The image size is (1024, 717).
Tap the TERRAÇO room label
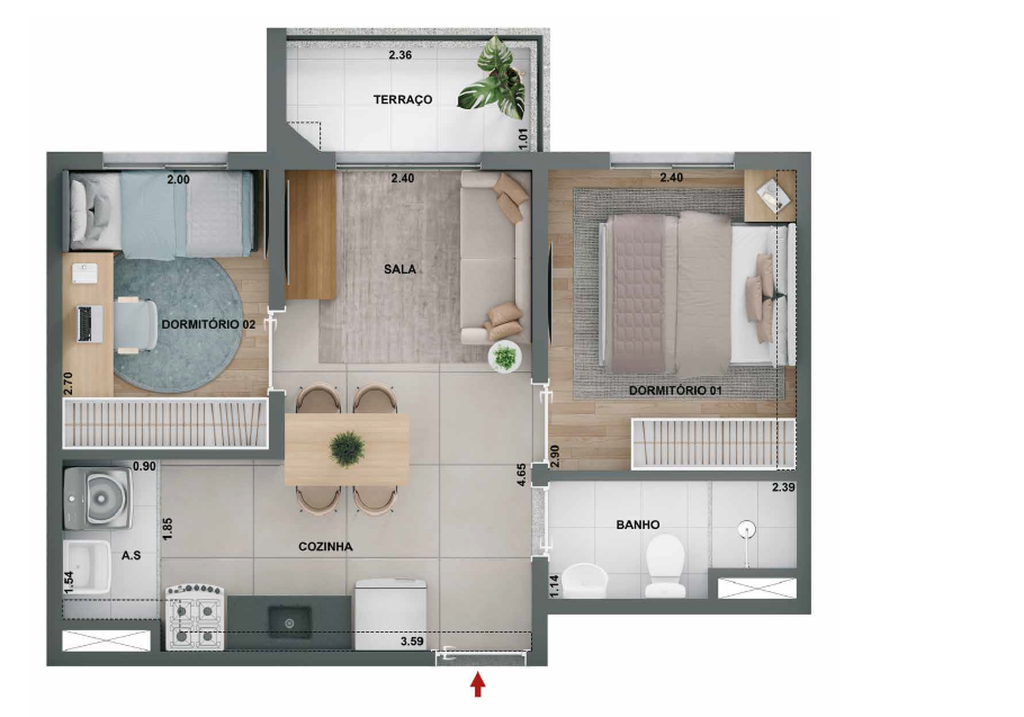[x=402, y=99]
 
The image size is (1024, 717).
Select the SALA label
[x=400, y=269]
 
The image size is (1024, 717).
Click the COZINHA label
[x=326, y=546]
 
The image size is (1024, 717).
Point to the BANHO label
[x=638, y=524]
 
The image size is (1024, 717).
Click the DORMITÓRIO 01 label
[x=675, y=390]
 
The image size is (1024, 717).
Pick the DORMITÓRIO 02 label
[x=208, y=324]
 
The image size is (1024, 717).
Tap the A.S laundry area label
[x=131, y=556]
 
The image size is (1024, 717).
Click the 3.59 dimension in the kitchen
[x=412, y=641]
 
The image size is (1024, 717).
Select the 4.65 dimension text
[x=521, y=475]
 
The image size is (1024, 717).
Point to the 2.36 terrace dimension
[x=400, y=55]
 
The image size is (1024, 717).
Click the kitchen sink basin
[x=290, y=623]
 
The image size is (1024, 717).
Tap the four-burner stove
[x=194, y=617]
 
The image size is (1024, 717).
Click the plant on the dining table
[x=347, y=449]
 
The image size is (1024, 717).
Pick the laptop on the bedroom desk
[x=90, y=323]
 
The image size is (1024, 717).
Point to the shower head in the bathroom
[x=746, y=529]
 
